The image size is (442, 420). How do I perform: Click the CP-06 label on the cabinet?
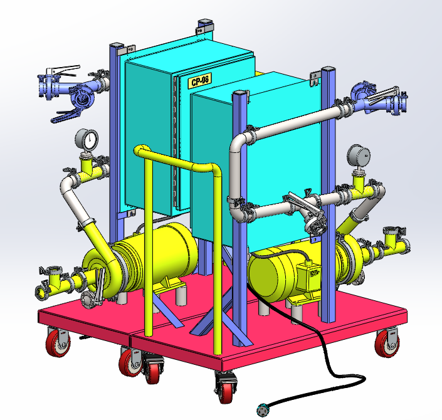200,81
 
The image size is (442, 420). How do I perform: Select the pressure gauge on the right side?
359,156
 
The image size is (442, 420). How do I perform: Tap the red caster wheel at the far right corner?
387,344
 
